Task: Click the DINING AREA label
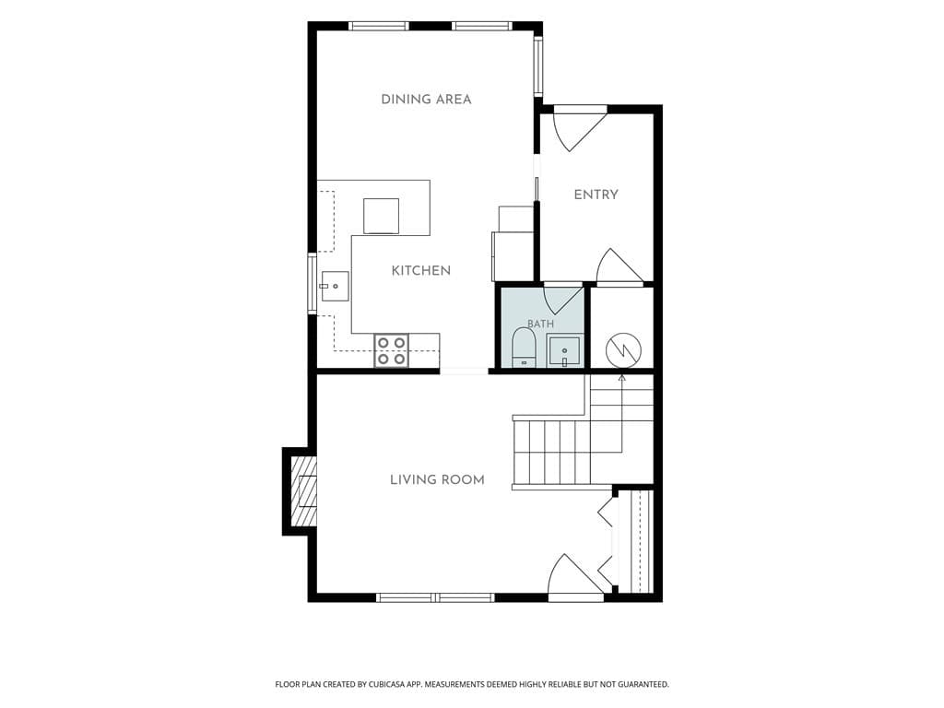click(426, 100)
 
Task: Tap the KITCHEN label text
click(420, 271)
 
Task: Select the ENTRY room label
click(596, 195)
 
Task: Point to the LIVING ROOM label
click(437, 479)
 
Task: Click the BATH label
click(540, 324)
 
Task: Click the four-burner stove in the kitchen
click(391, 350)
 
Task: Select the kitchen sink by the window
click(335, 286)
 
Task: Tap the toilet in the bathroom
click(524, 348)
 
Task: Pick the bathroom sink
click(564, 351)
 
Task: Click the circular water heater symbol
click(624, 350)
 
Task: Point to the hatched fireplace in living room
click(303, 491)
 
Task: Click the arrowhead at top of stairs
click(622, 378)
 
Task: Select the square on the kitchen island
click(381, 216)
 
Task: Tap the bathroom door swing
click(563, 300)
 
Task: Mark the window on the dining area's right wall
click(538, 66)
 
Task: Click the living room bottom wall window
click(435, 597)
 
